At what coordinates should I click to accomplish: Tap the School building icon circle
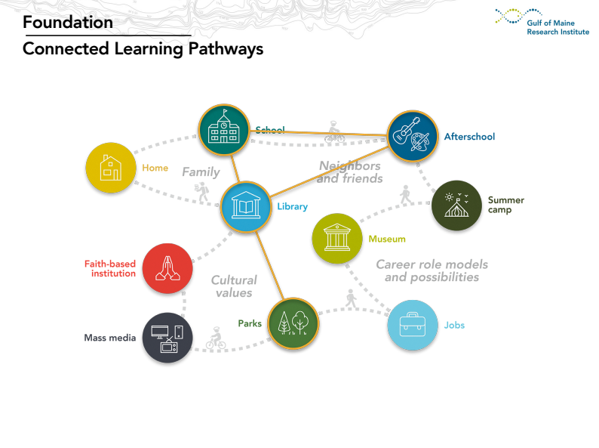click(224, 130)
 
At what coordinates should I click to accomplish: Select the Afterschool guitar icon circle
click(413, 137)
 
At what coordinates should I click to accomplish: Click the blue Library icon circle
click(246, 205)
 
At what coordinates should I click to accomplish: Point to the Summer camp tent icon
click(456, 205)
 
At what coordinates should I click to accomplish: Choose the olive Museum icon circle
click(337, 239)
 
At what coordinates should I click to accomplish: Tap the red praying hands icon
click(167, 268)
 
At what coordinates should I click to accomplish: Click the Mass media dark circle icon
click(167, 338)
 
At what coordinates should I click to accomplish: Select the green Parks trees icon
click(293, 323)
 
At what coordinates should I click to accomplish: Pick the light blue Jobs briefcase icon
click(413, 326)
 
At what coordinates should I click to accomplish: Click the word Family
click(201, 172)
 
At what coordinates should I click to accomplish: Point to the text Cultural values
click(233, 286)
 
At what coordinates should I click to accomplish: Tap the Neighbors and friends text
click(349, 172)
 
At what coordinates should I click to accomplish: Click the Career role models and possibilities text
click(432, 270)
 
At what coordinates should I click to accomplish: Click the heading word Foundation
click(68, 23)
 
